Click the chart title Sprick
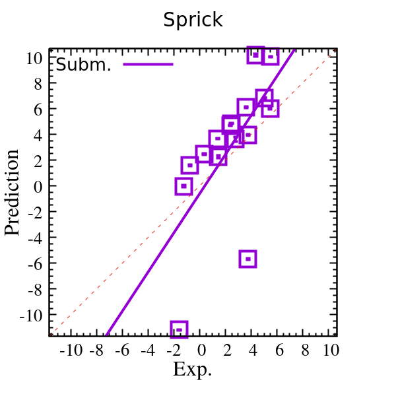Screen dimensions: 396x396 pos(193,20)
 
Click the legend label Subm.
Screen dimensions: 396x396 pos(84,65)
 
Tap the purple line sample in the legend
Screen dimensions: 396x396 pos(148,64)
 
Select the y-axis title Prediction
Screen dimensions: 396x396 pos(13,193)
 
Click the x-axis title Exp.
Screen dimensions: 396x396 pos(193,370)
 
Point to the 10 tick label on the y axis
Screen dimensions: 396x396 pos(34,57)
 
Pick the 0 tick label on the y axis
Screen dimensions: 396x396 pos(38,186)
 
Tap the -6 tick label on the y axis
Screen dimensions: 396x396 pos(35,263)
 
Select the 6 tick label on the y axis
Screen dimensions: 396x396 pos(38,109)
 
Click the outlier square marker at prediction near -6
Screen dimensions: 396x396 pos(247,259)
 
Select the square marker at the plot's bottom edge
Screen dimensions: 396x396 pos(178,329)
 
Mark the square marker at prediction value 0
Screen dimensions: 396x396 pos(183,186)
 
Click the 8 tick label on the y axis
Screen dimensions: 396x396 pos(38,83)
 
